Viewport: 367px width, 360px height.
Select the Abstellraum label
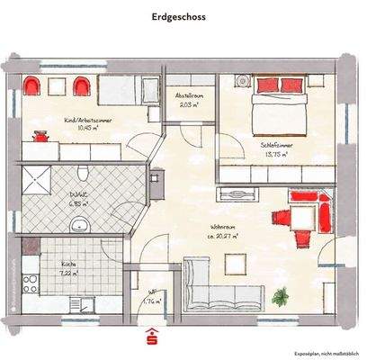[x=188, y=94]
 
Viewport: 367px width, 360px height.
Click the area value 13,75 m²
[x=275, y=154]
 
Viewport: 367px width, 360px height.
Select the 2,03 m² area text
[x=188, y=104]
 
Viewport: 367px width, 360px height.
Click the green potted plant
[x=282, y=295]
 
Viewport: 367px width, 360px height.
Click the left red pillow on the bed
[x=266, y=85]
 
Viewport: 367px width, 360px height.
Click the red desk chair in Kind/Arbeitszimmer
[x=40, y=136]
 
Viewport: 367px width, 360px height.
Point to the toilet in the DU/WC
[x=82, y=173]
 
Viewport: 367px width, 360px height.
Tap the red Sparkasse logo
[x=150, y=335]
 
